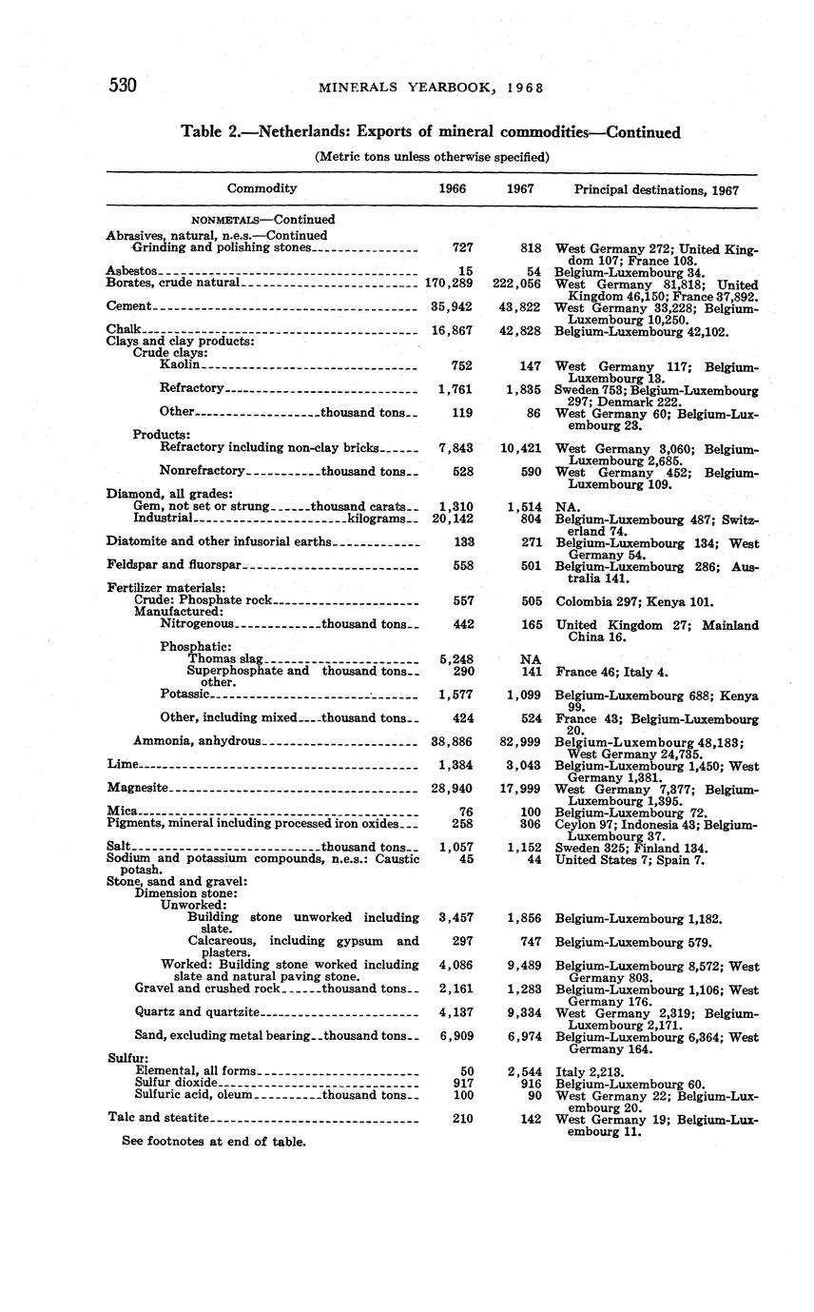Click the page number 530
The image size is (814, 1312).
coord(124,86)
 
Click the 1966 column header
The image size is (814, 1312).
coord(452,189)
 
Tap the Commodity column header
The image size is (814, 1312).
coord(262,188)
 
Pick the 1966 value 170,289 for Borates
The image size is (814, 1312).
coord(449,284)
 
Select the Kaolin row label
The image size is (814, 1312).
coord(180,364)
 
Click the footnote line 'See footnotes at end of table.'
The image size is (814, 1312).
coord(214,1141)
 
